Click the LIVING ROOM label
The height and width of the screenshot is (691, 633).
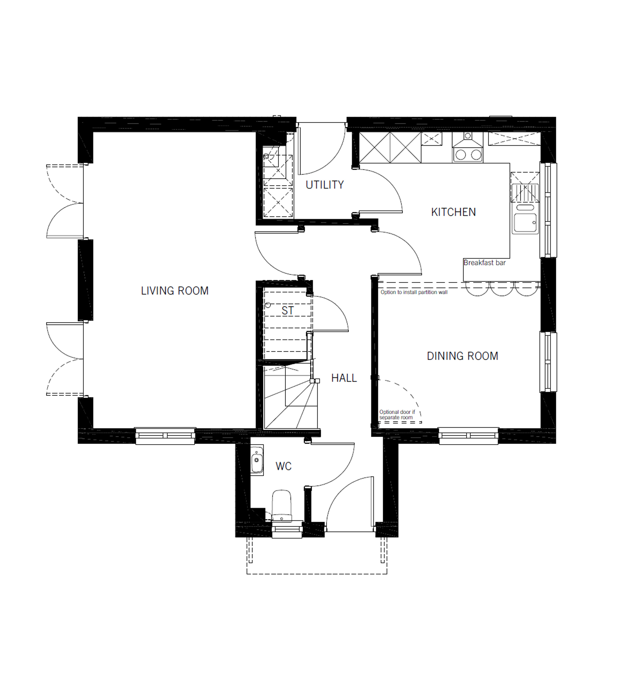pos(175,291)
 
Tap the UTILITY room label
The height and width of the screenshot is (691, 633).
pos(325,185)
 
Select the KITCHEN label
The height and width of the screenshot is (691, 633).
pos(454,212)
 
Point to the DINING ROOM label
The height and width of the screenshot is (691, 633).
pos(462,356)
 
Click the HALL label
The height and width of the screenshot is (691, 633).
pos(344,378)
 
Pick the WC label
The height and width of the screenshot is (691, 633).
pos(284,466)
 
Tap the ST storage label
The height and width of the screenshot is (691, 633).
pos(288,311)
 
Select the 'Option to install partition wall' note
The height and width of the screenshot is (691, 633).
pos(414,292)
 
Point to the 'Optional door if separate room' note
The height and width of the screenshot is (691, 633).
pos(397,415)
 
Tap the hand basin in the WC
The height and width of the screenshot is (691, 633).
pos(257,460)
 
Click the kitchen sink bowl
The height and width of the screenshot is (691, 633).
pos(525,223)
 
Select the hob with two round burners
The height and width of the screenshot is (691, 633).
pos(468,155)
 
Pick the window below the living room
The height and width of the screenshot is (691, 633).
pos(165,436)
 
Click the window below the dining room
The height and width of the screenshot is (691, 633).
pos(469,436)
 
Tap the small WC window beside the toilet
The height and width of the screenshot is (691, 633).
pos(287,530)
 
